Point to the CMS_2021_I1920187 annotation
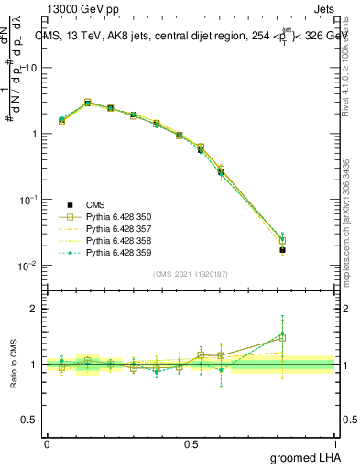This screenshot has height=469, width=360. (x=191, y=274)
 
